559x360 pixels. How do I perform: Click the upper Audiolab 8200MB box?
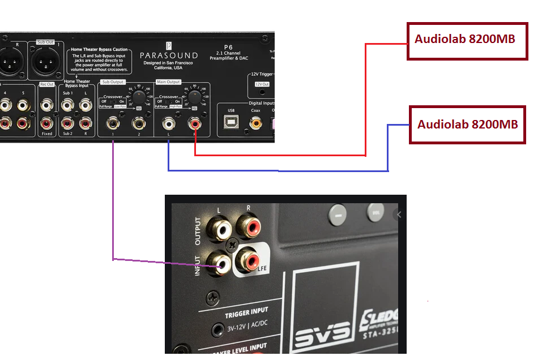(467, 40)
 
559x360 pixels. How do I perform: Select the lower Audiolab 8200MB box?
(467, 125)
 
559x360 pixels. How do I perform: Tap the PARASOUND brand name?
(169, 55)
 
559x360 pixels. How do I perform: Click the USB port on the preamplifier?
(231, 122)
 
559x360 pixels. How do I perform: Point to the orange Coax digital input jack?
(256, 122)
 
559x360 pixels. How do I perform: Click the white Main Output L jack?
(168, 122)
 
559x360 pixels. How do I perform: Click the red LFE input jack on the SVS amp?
(249, 260)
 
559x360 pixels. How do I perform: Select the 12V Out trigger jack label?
(262, 84)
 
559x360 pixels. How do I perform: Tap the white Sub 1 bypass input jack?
(68, 105)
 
